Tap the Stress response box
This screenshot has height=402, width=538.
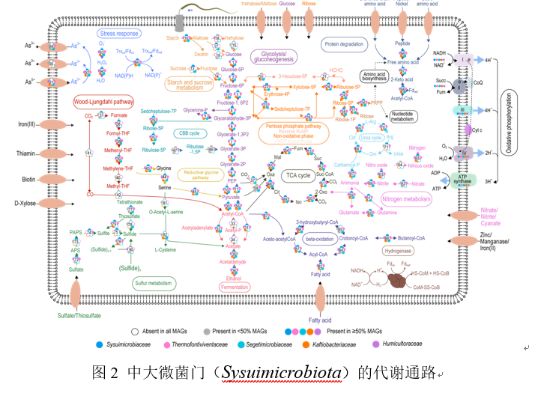(x=119, y=34)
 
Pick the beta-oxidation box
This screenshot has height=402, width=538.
(x=318, y=238)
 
